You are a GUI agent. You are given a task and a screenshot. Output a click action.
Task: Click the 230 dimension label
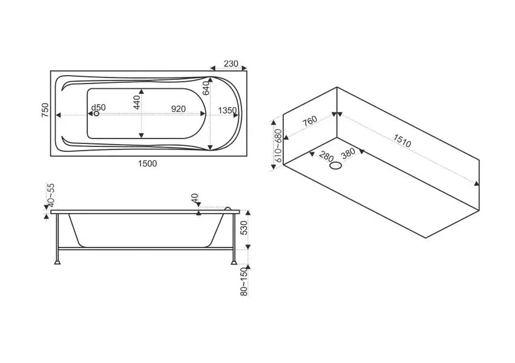(231, 64)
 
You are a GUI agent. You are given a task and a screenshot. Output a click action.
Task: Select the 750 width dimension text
(45, 110)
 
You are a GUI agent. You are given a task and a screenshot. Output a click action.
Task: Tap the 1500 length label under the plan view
(148, 163)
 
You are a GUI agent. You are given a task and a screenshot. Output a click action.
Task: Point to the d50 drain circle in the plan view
(96, 114)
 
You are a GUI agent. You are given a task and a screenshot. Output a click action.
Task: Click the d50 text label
(98, 107)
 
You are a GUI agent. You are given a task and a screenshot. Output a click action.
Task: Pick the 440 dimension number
(137, 102)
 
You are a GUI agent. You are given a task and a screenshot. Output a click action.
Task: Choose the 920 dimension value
(179, 109)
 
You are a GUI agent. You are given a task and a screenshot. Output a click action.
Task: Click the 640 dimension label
(206, 88)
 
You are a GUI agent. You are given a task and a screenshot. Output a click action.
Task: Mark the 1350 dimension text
(228, 110)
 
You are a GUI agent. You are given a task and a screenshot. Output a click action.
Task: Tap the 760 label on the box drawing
(309, 121)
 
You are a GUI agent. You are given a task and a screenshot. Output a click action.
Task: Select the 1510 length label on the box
(402, 141)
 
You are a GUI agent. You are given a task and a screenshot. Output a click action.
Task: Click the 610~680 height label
(278, 145)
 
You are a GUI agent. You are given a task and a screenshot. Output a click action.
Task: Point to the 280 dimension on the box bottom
(326, 156)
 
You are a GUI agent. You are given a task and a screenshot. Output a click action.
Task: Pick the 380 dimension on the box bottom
(348, 153)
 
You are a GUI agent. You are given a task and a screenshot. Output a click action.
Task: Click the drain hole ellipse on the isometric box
(336, 166)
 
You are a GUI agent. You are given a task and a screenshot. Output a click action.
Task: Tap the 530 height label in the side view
(244, 227)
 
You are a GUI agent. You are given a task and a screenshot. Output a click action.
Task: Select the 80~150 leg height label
(244, 281)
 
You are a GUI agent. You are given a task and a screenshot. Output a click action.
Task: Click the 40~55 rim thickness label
(51, 195)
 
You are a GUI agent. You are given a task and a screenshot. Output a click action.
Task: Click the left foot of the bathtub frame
(57, 262)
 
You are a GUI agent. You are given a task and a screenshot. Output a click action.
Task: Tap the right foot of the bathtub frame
(234, 262)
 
